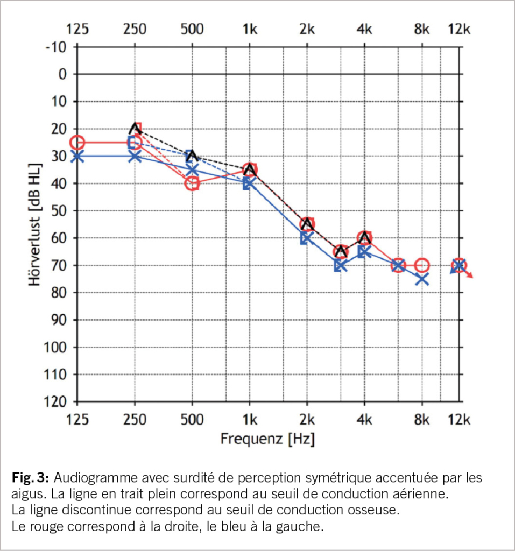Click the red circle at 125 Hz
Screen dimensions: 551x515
tap(77, 143)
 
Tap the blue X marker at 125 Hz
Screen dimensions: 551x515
tap(77, 156)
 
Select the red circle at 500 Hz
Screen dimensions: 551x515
tap(192, 183)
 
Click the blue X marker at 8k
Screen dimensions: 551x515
tap(422, 279)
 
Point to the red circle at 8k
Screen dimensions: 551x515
tap(422, 265)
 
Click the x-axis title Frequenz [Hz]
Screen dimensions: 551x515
tap(267, 439)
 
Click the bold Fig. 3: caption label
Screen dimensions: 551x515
tap(31, 478)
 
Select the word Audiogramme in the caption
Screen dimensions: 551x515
tap(89, 478)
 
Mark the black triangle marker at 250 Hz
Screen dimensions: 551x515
tap(135, 128)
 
